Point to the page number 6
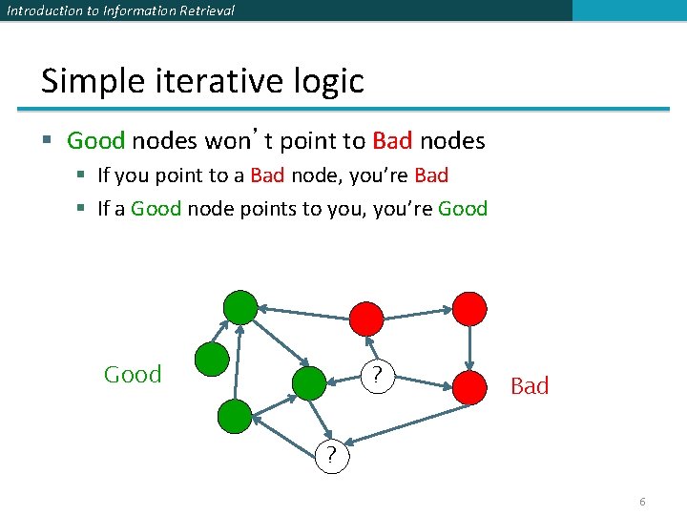coord(642,502)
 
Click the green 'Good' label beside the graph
coord(133,375)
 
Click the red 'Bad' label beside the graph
coord(530,385)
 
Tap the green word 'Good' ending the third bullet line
coord(463,209)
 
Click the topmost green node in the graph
coord(240,308)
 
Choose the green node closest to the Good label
coord(212,360)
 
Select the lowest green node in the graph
coord(235,417)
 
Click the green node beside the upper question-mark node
coord(309,383)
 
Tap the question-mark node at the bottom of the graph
coord(331,455)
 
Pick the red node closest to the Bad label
coord(469,386)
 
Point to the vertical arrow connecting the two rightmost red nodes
coord(469,347)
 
